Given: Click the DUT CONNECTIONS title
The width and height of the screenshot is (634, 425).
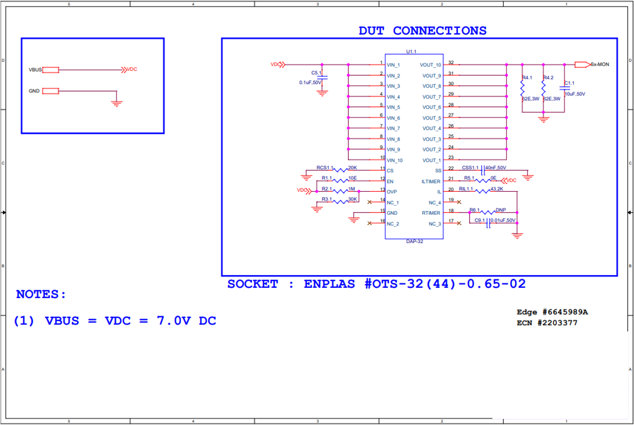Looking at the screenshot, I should point(422,31).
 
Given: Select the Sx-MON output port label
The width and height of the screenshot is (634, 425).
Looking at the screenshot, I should point(599,65).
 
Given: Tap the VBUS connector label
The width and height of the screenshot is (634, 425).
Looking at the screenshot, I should point(36,70).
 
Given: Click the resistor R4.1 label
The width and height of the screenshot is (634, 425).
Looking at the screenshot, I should point(527,78).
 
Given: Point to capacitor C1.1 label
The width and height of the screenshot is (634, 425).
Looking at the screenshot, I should point(570,83).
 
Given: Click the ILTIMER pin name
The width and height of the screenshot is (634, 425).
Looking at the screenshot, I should point(431,181).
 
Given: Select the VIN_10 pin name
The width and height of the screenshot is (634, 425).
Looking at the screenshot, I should point(394,160).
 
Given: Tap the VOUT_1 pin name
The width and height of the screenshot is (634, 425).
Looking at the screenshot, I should point(432,160).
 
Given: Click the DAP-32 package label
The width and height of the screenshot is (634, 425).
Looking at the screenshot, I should point(414,241).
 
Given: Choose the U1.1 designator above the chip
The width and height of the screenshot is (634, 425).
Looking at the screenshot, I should point(411,51).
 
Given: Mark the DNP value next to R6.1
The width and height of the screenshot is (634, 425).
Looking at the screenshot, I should point(500,210).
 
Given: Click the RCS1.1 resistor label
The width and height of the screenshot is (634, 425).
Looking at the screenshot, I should point(325,167).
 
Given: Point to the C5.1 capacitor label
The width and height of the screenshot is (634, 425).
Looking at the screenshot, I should point(317,73).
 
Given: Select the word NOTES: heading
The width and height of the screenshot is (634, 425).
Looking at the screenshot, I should point(41,294).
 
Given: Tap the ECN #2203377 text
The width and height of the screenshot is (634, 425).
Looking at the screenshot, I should point(547,322).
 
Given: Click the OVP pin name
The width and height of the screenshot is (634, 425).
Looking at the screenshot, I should point(391,192).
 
